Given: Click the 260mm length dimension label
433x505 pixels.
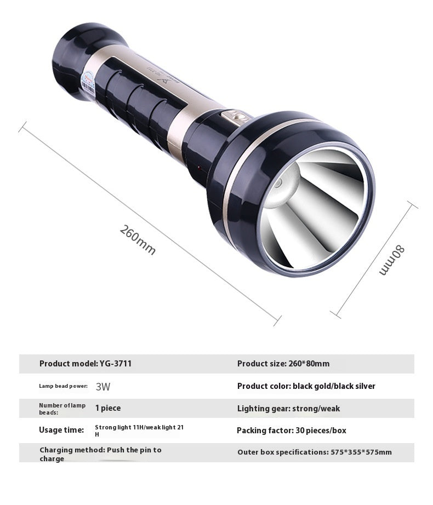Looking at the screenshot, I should click(138, 240).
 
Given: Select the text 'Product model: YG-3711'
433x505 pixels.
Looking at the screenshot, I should click(86, 364).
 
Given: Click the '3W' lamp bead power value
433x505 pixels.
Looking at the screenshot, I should click(103, 387).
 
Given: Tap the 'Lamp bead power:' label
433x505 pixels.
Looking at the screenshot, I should click(63, 386).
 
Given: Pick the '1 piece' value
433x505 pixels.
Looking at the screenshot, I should click(108, 408).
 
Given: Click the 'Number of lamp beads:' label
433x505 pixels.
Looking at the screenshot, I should click(62, 409).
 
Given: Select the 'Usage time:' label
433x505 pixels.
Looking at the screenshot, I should click(61, 430).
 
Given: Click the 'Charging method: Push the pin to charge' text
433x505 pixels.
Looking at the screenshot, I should click(100, 454).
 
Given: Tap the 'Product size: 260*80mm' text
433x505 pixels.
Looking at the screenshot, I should click(283, 364).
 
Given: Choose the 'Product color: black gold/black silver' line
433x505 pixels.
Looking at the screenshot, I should click(306, 386).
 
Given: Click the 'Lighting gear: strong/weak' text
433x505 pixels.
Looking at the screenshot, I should click(288, 409).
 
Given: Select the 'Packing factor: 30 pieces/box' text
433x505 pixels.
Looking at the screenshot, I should click(292, 431).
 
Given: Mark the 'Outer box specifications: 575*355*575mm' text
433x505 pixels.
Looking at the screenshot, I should click(315, 452).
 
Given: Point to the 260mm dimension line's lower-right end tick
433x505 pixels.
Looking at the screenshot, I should click(277, 320).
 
